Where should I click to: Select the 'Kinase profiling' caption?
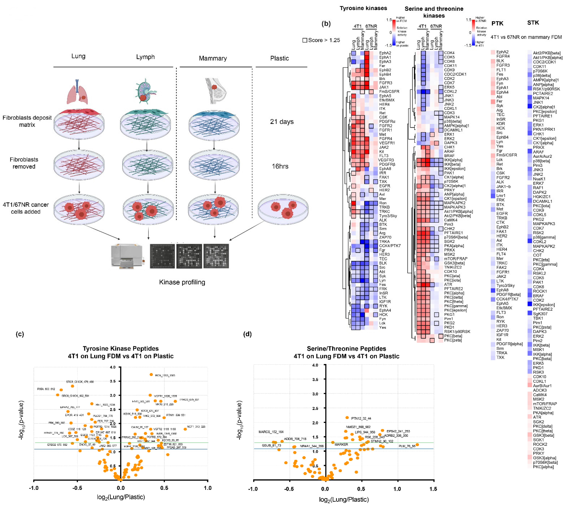(x=182, y=282)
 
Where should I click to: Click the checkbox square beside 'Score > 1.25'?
(x=305, y=40)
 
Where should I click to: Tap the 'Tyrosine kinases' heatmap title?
(x=363, y=8)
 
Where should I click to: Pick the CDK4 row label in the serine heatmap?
(x=449, y=53)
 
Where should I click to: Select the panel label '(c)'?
(x=20, y=334)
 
